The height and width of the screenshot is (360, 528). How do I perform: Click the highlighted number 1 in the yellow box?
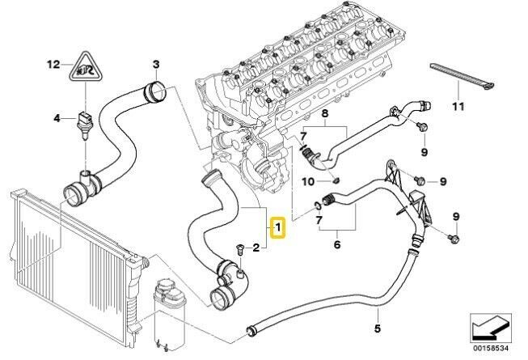(277, 230)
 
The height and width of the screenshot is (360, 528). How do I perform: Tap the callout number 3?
(156, 64)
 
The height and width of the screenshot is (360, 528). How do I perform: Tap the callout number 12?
(53, 62)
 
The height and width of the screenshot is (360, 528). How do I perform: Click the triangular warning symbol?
(84, 70)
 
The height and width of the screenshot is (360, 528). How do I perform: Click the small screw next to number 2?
(238, 246)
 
